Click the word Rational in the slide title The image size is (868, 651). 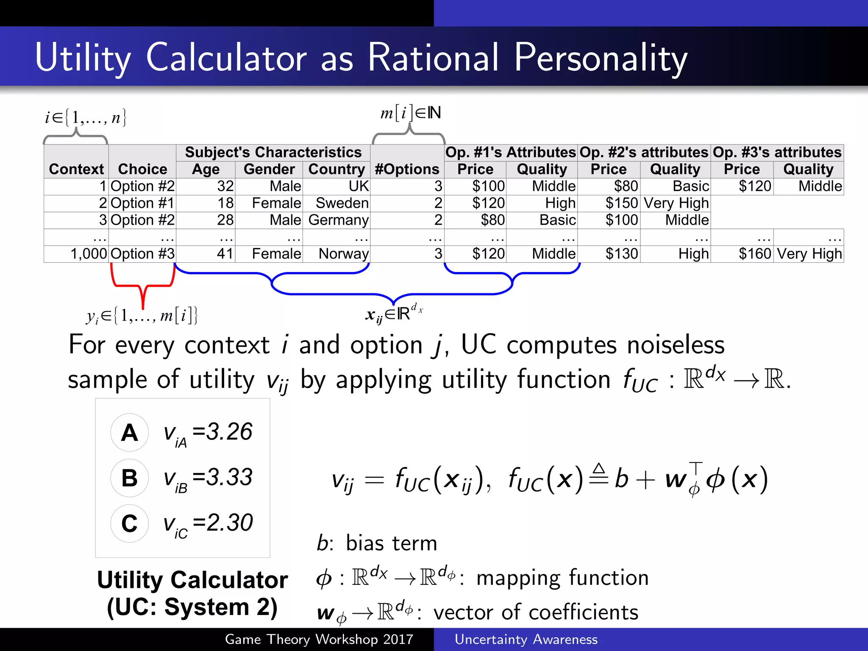click(x=433, y=58)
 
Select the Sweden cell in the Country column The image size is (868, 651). click(x=342, y=203)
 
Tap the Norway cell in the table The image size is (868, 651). click(x=343, y=254)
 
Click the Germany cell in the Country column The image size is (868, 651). click(x=338, y=220)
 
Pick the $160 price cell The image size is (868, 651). click(x=754, y=254)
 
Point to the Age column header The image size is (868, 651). click(x=206, y=169)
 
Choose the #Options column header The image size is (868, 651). click(x=407, y=169)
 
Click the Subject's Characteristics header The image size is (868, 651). click(x=273, y=152)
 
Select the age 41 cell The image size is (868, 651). click(x=225, y=254)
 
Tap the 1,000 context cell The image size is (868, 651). click(x=89, y=254)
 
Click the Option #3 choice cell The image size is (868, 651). click(x=142, y=254)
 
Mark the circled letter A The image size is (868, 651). click(x=130, y=433)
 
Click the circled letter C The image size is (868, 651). click(x=130, y=523)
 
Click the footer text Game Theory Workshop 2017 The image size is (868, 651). click(x=319, y=639)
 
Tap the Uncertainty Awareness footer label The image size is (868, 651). click(x=526, y=639)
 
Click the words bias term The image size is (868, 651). click(x=391, y=543)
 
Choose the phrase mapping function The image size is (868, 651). click(x=562, y=578)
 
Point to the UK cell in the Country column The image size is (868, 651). click(x=359, y=186)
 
